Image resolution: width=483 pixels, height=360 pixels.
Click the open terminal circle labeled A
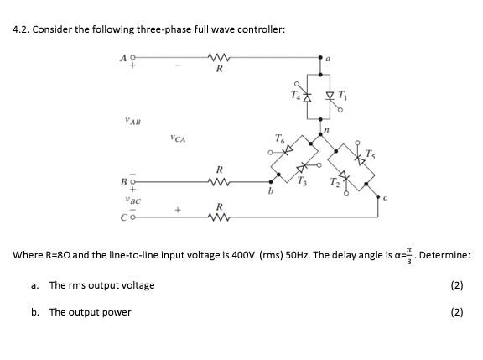click(x=131, y=59)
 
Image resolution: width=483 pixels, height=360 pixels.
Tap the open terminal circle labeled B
click(x=131, y=180)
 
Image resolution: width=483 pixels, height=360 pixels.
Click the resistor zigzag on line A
click(x=219, y=59)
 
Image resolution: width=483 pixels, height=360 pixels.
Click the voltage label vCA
click(x=176, y=138)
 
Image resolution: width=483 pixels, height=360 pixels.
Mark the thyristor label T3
click(x=305, y=185)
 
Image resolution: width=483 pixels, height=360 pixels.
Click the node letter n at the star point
click(x=333, y=131)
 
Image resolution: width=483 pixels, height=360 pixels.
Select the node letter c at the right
click(x=384, y=199)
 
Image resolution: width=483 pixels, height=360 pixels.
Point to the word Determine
click(x=444, y=254)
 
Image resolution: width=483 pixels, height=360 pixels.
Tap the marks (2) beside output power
click(x=456, y=311)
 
